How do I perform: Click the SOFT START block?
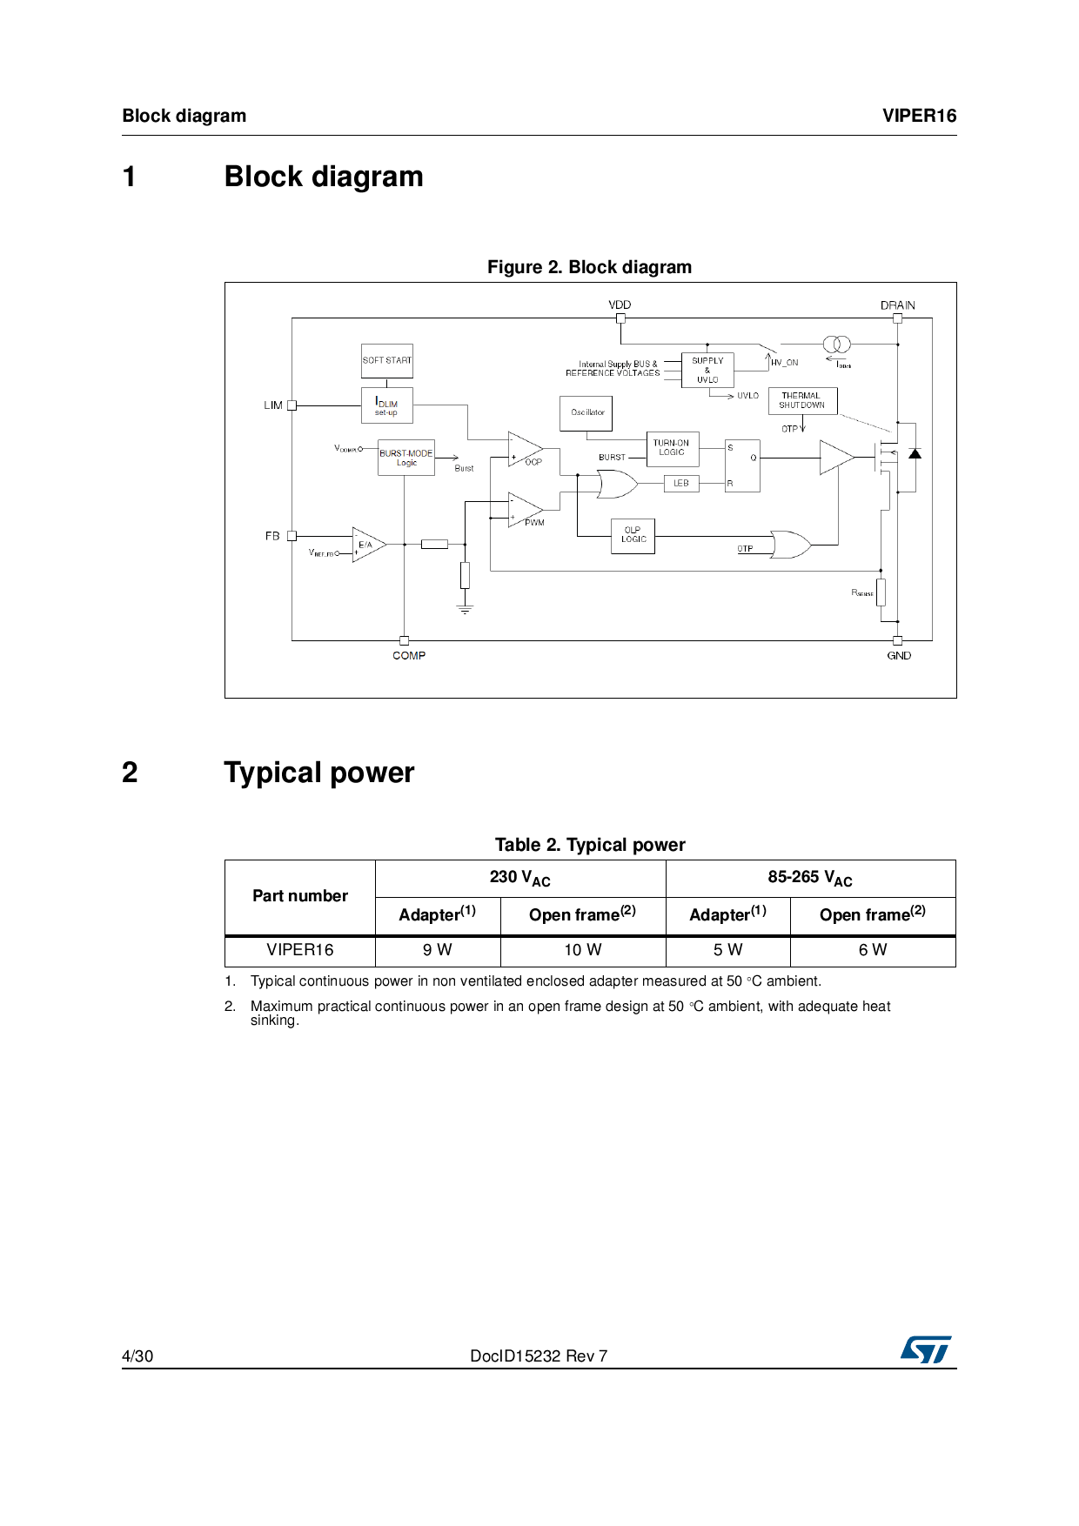tap(387, 360)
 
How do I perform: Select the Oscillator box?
tap(586, 413)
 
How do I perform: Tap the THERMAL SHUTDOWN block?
tap(802, 401)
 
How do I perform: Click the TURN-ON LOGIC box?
tap(672, 448)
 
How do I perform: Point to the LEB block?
tap(681, 484)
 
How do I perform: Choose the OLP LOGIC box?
tap(633, 536)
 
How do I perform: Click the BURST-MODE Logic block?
tap(406, 458)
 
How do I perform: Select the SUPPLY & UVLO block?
tap(707, 370)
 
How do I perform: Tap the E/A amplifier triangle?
tap(367, 545)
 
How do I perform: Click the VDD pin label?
tap(620, 305)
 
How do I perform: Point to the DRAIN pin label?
tap(897, 305)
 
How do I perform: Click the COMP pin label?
tap(409, 656)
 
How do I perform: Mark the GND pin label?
tap(899, 656)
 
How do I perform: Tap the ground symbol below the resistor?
tap(465, 609)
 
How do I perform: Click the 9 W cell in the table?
tap(438, 950)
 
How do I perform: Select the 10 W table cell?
tap(583, 950)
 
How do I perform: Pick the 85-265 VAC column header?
tap(810, 878)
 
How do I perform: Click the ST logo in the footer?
tap(926, 1349)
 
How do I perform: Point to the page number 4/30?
tap(137, 1356)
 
